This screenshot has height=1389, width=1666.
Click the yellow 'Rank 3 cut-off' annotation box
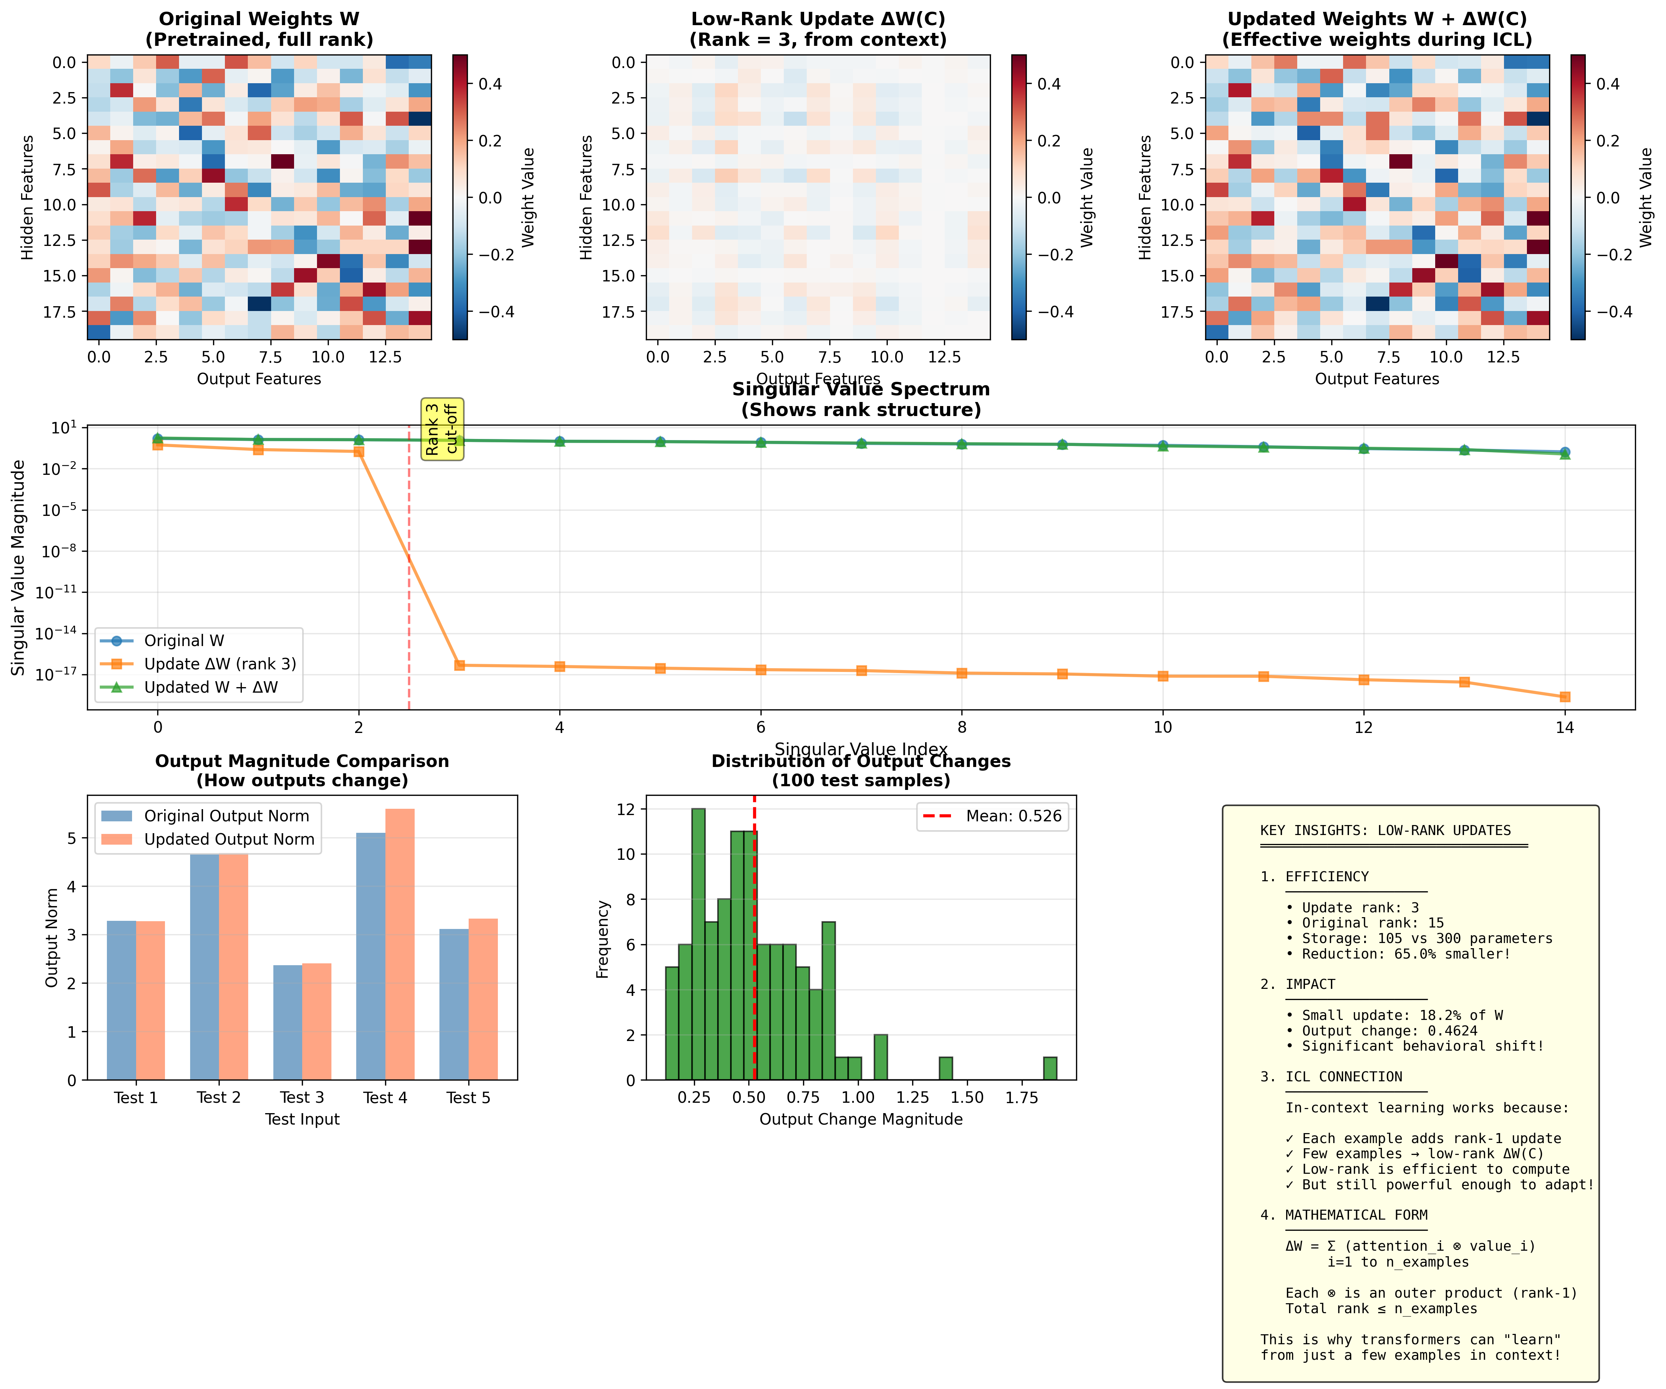442,429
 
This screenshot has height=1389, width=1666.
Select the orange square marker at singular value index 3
459,666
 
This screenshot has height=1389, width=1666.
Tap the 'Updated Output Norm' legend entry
229,839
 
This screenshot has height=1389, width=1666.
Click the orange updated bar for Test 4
400,944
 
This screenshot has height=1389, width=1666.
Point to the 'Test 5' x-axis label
468,1098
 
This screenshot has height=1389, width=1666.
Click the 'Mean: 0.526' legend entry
1013,816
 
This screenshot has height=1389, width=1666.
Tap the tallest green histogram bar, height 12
698,944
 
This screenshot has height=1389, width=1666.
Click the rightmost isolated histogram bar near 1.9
1050,1068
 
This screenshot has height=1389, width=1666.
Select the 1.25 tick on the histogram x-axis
912,1098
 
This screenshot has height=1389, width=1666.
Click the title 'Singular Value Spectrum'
861,389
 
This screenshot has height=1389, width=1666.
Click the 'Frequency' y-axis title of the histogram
603,939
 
